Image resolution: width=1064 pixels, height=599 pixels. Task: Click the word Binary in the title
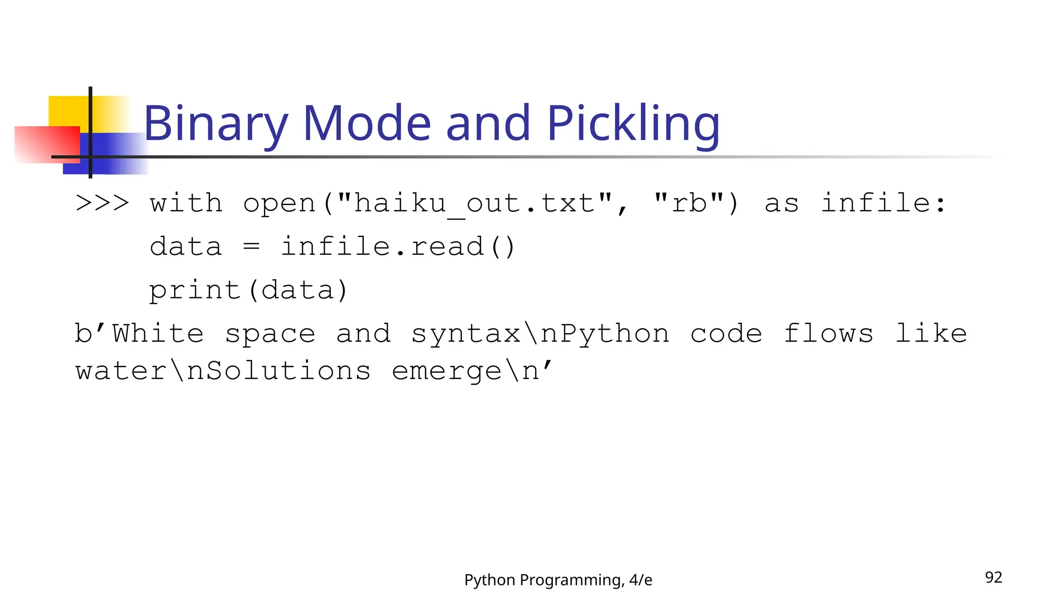pos(215,123)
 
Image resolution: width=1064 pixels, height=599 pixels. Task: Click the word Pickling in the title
pos(633,123)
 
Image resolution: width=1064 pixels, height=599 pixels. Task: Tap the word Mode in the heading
pos(366,123)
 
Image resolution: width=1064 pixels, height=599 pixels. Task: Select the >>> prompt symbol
pos(102,202)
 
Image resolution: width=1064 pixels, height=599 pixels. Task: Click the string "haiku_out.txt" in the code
pos(474,203)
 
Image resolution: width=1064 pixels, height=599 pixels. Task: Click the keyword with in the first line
pos(186,202)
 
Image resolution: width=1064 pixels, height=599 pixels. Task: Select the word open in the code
pos(279,203)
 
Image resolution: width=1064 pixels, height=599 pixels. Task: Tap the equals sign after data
pos(251,246)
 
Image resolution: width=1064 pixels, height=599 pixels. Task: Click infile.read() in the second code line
pos(397,246)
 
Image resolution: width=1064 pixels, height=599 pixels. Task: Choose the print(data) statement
pos(248,290)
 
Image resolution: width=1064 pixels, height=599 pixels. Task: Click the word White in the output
pos(158,333)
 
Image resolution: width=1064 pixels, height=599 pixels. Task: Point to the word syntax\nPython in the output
pos(540,334)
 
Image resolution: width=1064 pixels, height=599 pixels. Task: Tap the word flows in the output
pos(828,333)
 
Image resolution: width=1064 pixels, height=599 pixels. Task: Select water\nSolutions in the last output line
pos(223,371)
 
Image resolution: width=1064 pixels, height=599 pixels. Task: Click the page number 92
pos(993,577)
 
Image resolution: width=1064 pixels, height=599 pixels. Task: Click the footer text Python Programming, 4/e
pos(558,580)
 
